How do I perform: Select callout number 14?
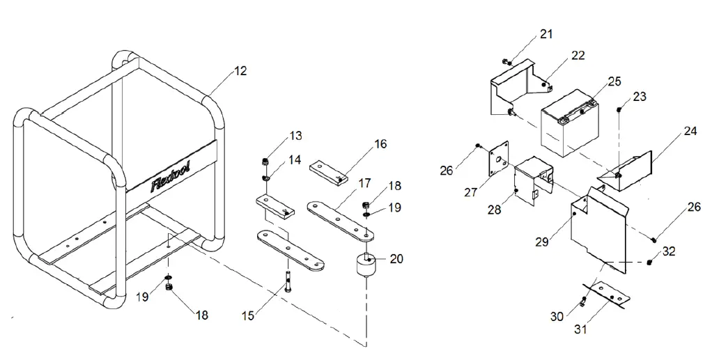click(295, 160)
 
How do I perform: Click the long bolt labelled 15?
click(286, 285)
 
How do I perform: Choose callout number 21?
click(545, 34)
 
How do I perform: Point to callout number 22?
click(578, 56)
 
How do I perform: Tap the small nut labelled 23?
click(619, 109)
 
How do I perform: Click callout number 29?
click(543, 241)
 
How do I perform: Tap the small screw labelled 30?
click(583, 302)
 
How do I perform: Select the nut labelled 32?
click(649, 262)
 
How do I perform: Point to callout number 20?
click(396, 258)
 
